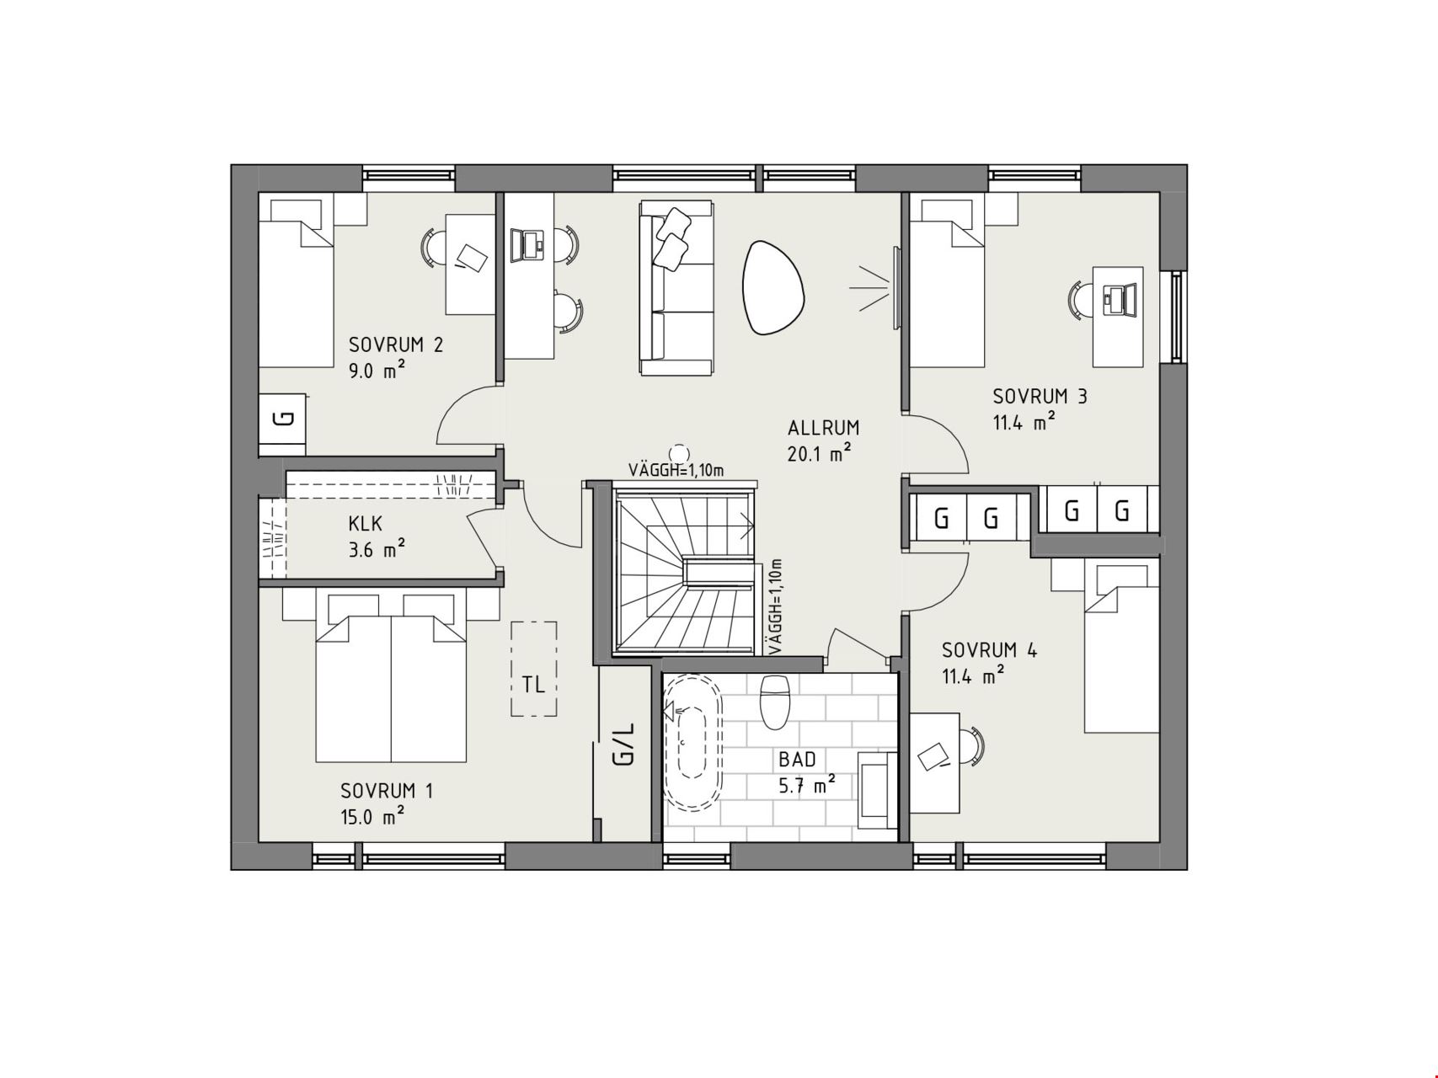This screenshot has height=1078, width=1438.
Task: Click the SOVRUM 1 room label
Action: pyautogui.click(x=387, y=791)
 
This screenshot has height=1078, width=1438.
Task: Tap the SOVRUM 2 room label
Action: pyautogui.click(x=396, y=344)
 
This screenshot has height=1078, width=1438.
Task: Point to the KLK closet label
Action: pyautogui.click(x=366, y=524)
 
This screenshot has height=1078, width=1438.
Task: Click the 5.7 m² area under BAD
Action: pyautogui.click(x=806, y=786)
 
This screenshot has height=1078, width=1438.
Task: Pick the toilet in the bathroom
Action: pyautogui.click(x=773, y=701)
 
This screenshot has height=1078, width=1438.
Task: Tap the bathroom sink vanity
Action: pyautogui.click(x=878, y=790)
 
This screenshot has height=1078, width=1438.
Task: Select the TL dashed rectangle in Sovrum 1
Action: pyautogui.click(x=533, y=669)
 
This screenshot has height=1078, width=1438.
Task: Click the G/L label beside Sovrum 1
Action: pyautogui.click(x=624, y=744)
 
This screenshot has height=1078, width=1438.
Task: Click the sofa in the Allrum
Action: pyautogui.click(x=676, y=287)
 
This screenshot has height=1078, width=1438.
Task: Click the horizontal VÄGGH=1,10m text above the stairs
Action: pyautogui.click(x=676, y=470)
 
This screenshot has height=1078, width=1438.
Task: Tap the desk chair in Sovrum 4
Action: pyautogui.click(x=971, y=747)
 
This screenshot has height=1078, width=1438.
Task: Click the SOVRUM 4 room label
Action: pyautogui.click(x=990, y=650)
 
